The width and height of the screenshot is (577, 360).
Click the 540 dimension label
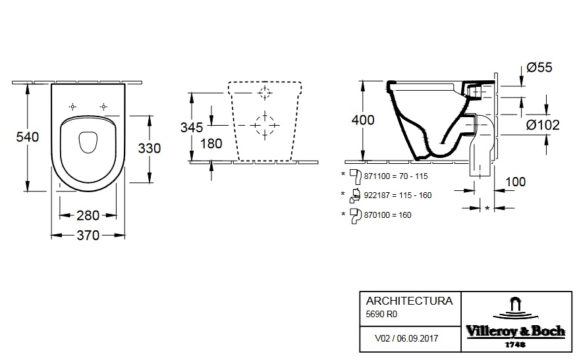tap(27, 137)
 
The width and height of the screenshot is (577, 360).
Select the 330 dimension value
tap(149, 148)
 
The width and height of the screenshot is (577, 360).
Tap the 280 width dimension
tap(88, 215)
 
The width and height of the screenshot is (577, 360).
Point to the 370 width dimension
tap(88, 236)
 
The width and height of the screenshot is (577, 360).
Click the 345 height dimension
tap(192, 128)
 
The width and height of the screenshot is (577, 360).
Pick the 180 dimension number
tap(211, 143)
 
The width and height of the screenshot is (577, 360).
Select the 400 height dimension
tap(363, 120)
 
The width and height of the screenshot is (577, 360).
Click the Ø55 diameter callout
tap(539, 67)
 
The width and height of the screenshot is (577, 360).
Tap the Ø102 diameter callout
tap(543, 125)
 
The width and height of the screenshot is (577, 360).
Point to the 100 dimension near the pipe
tap(515, 182)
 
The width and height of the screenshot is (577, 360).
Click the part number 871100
tap(377, 176)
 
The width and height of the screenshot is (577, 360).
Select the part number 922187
tap(377, 195)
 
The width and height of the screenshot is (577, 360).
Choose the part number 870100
tap(377, 215)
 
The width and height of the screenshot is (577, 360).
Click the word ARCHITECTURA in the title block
tap(409, 301)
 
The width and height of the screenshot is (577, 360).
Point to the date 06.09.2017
tap(418, 338)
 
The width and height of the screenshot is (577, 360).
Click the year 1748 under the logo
tap(515, 345)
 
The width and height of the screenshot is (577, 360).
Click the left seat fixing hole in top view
tap(73, 107)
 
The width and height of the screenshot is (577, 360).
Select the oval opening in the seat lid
tap(88, 141)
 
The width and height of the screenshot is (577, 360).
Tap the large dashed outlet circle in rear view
tap(265, 126)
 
